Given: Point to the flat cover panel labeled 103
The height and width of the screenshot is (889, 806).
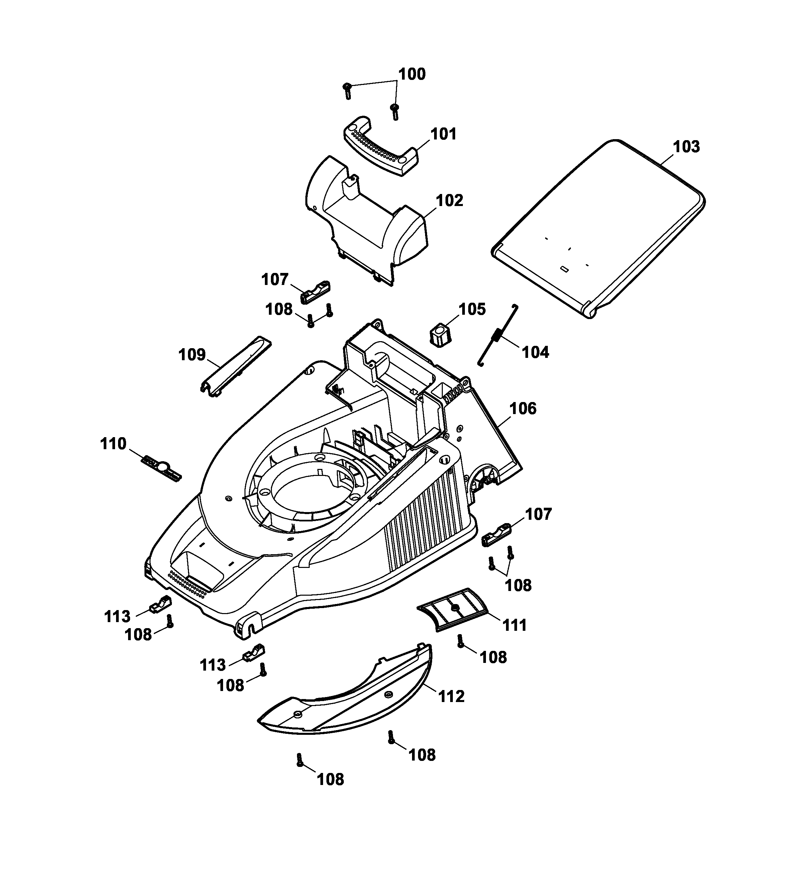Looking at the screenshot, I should click(597, 227).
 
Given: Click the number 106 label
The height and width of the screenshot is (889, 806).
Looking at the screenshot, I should click(523, 409).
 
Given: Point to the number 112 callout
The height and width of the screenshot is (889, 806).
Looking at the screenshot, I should click(451, 696).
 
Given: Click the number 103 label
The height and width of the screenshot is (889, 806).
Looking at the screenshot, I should click(687, 147).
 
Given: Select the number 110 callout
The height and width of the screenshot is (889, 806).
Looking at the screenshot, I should click(113, 443).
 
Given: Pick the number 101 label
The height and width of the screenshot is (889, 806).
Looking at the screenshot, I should click(443, 134).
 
